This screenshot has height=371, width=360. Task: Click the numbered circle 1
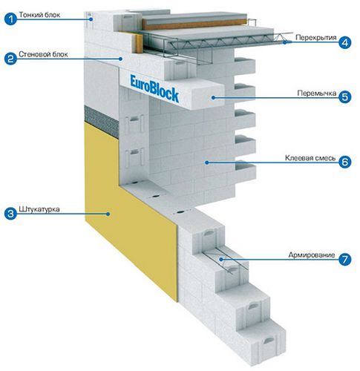10,19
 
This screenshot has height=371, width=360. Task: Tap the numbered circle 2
10,59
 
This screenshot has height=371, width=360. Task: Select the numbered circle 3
10,214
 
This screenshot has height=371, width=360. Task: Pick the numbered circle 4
345,42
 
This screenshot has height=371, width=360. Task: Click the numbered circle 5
345,97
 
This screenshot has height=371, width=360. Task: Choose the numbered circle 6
345,162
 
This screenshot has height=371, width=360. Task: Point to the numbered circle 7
345,260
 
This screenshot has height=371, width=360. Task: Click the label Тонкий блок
39,15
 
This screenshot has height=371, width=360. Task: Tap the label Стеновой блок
43,54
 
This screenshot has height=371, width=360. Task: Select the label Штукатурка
39,209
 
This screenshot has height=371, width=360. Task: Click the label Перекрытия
316,38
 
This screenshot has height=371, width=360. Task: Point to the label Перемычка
317,93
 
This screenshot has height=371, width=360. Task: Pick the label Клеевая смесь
310,158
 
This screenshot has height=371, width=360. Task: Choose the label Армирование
312,255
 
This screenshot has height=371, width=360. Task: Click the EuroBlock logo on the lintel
154,88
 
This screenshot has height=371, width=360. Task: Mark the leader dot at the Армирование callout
221,260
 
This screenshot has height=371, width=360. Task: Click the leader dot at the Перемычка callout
213,98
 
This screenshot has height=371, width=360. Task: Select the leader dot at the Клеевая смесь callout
206,162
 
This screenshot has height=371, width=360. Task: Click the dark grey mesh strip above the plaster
102,121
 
